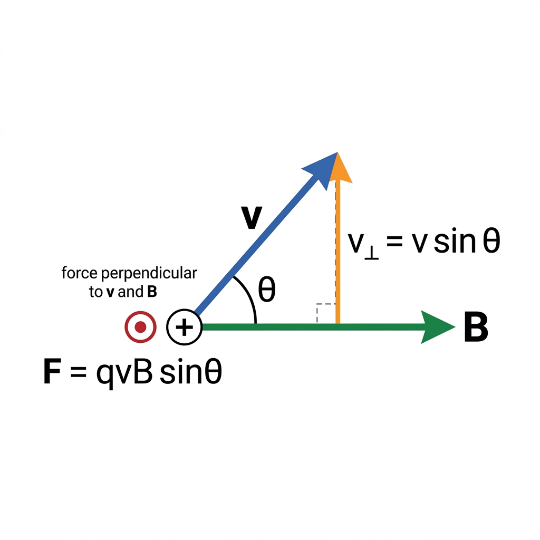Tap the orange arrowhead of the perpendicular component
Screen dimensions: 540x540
click(339, 169)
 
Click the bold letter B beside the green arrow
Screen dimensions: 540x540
click(476, 327)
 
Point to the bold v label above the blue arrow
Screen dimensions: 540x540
click(252, 217)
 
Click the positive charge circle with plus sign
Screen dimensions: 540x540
click(184, 327)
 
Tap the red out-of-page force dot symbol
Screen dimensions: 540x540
click(140, 327)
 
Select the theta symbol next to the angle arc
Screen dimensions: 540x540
click(267, 290)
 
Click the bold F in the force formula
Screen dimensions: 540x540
click(52, 371)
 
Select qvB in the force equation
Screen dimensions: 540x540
click(124, 373)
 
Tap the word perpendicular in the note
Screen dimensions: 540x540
click(149, 274)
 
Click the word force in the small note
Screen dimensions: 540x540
click(80, 273)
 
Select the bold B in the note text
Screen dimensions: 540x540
click(152, 292)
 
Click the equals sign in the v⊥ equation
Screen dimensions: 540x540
click(394, 241)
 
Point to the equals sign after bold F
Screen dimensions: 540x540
click(78, 372)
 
